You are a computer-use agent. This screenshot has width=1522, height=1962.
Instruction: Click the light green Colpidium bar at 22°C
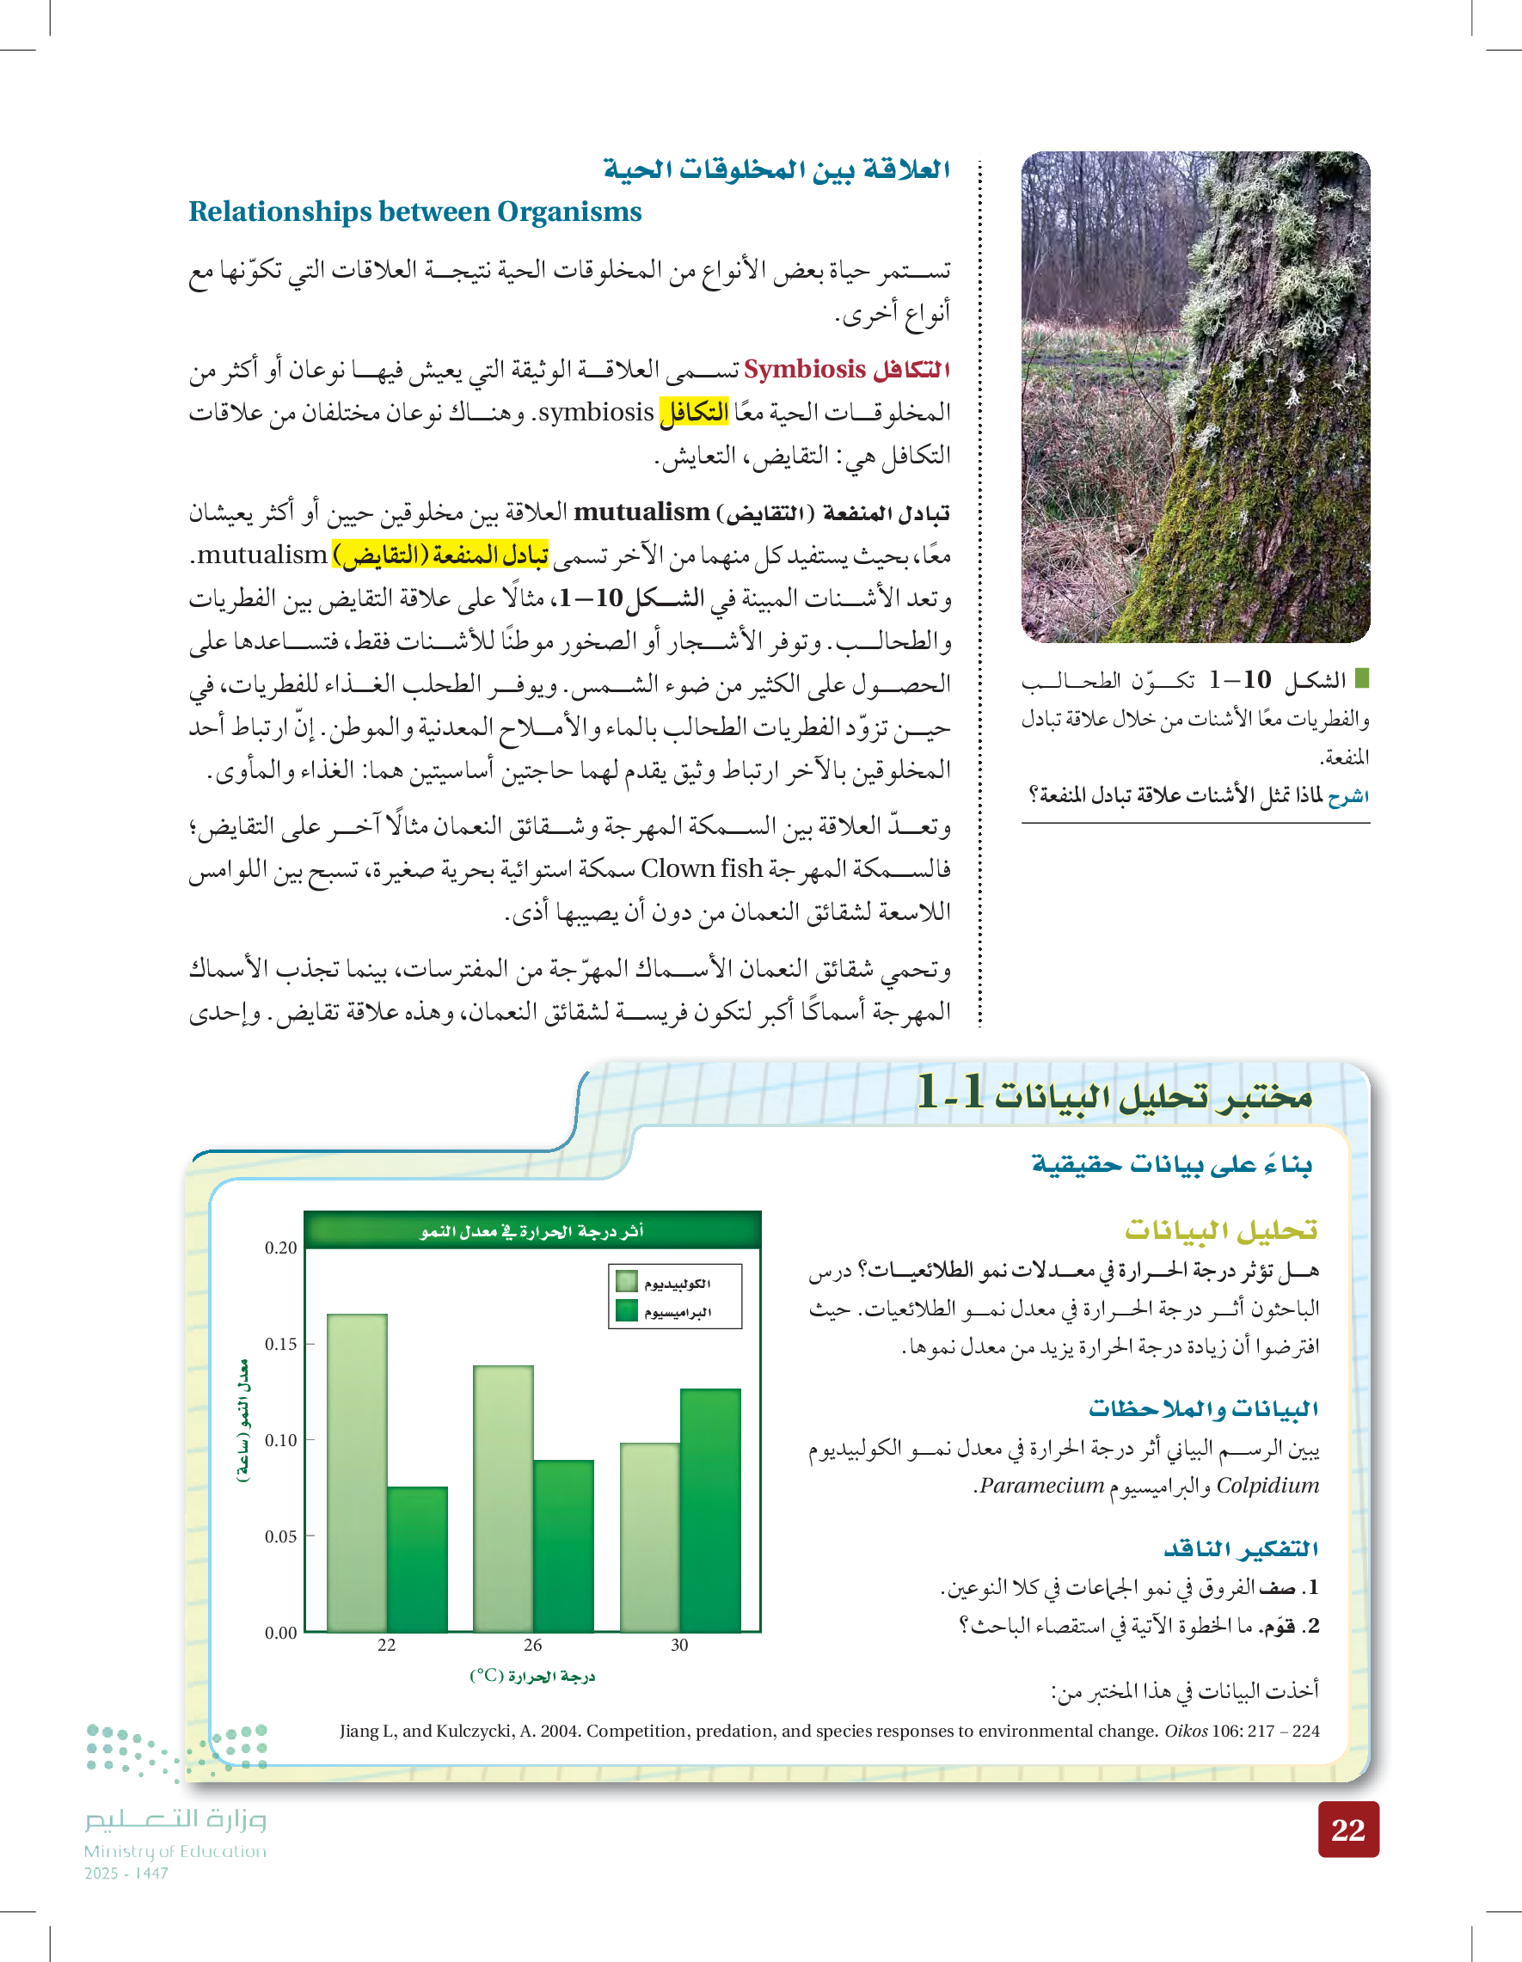coord(357,1473)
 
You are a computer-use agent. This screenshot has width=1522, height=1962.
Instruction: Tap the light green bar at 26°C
coord(503,1498)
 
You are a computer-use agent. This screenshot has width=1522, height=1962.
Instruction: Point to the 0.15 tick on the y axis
coord(280,1344)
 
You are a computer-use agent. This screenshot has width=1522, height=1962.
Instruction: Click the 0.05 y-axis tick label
coord(280,1536)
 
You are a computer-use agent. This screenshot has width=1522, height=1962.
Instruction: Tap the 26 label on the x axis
coord(533,1645)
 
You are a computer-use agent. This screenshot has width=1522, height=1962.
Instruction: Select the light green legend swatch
coord(626,1282)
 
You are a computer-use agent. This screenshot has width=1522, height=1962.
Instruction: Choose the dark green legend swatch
coord(626,1310)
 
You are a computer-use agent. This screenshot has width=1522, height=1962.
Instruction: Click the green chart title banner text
coord(532,1230)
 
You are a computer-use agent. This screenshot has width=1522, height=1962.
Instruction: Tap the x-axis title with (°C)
coord(532,1676)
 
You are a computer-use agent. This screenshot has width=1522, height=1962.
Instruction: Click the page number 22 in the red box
coord(1347,1829)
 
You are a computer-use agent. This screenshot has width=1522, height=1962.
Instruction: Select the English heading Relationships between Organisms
coord(415,212)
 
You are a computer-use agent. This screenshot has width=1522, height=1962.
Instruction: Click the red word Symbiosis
coord(804,369)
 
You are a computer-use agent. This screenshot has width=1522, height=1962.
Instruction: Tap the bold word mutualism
coord(641,512)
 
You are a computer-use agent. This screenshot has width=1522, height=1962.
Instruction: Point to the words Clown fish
coord(702,868)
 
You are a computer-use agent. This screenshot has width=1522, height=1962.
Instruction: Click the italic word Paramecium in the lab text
coord(1041,1486)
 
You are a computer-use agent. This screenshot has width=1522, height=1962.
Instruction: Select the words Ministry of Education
coord(175,1851)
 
